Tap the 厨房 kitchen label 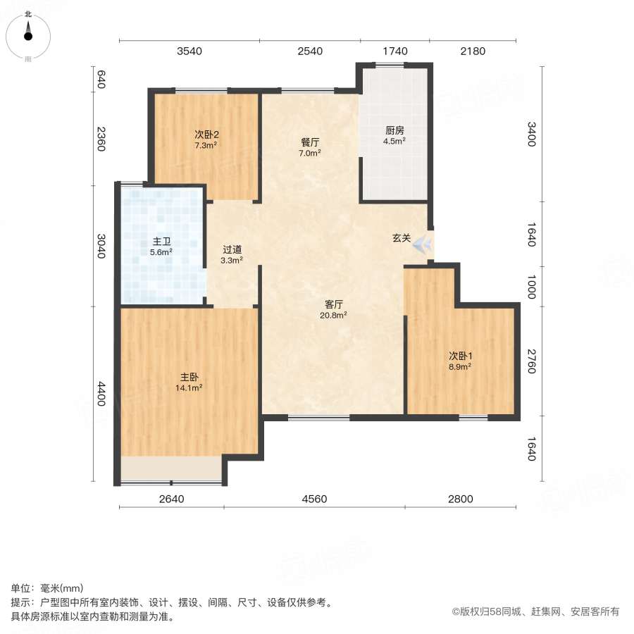pyautogui.click(x=394, y=130)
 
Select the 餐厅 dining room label pyautogui.click(x=311, y=142)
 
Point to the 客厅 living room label pyautogui.click(x=334, y=304)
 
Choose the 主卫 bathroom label pyautogui.click(x=161, y=241)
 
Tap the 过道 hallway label pyautogui.click(x=232, y=249)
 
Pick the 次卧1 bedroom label pyautogui.click(x=460, y=356)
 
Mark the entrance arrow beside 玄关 pyautogui.click(x=423, y=244)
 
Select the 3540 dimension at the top pyautogui.click(x=189, y=51)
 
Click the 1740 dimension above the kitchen pyautogui.click(x=395, y=51)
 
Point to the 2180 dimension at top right pyautogui.click(x=473, y=51)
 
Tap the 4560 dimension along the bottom pyautogui.click(x=314, y=499)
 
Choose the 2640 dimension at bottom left pyautogui.click(x=171, y=499)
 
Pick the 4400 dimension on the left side pyautogui.click(x=101, y=394)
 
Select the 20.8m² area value pyautogui.click(x=334, y=315)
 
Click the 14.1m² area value pyautogui.click(x=189, y=387)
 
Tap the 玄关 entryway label pyautogui.click(x=402, y=238)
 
